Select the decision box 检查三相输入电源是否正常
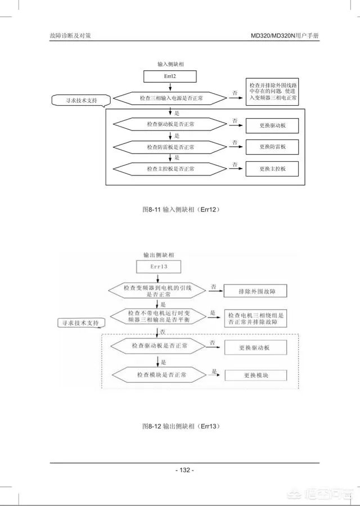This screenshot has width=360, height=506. [x=171, y=98]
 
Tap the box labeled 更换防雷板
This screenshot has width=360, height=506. [x=272, y=147]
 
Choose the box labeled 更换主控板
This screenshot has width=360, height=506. [x=272, y=169]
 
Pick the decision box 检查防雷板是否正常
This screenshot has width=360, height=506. [x=170, y=147]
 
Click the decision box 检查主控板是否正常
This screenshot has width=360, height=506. [x=170, y=169]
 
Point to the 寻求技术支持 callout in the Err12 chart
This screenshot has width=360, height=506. [x=78, y=101]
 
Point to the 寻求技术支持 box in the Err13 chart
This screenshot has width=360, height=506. [x=82, y=323]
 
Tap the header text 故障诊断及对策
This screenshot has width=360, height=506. [x=71, y=35]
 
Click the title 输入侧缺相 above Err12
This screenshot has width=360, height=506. [x=171, y=65]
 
